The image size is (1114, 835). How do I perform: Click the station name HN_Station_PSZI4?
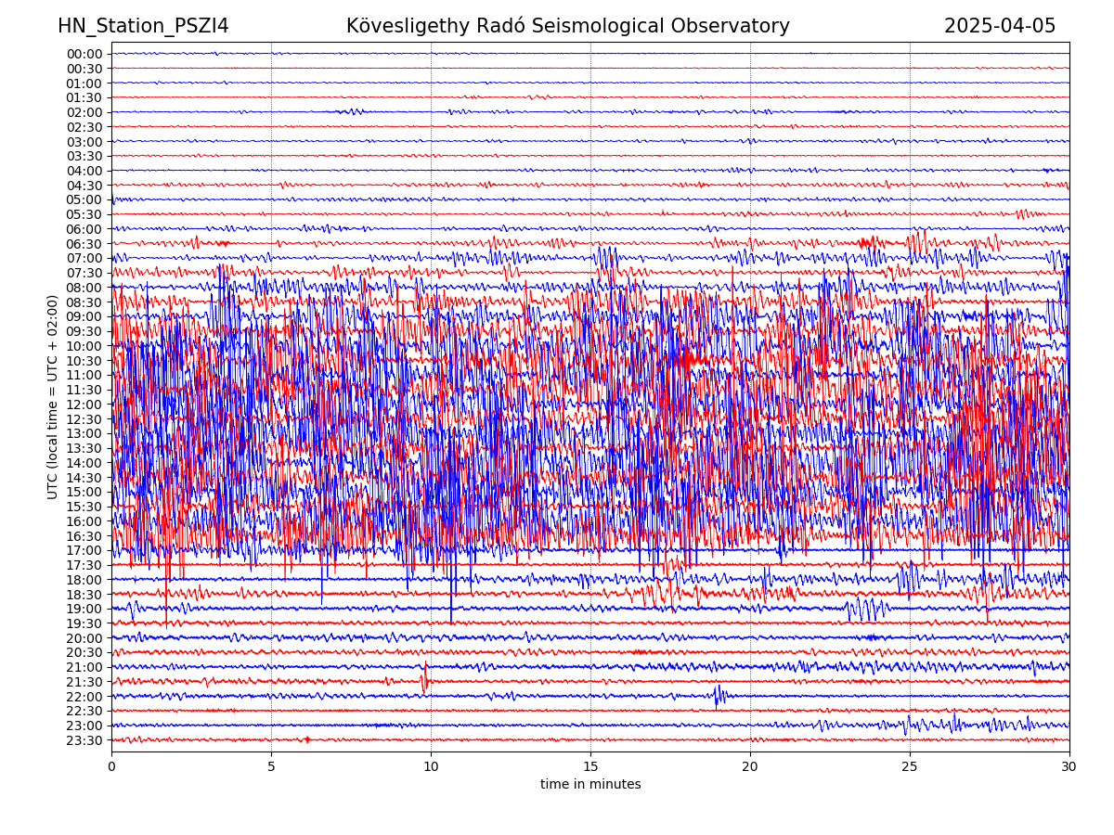pyautogui.click(x=143, y=26)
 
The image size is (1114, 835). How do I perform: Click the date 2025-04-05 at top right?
pyautogui.click(x=1000, y=26)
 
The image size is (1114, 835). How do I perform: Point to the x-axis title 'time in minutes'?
pyautogui.click(x=590, y=784)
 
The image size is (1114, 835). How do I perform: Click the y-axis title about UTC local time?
pyautogui.click(x=53, y=396)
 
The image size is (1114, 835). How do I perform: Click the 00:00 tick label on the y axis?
pyautogui.click(x=84, y=54)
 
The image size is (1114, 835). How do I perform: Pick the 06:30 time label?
pyautogui.click(x=84, y=244)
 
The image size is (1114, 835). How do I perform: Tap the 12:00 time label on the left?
pyautogui.click(x=84, y=405)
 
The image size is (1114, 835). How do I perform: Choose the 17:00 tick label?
pyautogui.click(x=84, y=550)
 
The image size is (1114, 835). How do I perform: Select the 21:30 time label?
pyautogui.click(x=84, y=682)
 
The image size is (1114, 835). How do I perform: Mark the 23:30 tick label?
pyautogui.click(x=84, y=740)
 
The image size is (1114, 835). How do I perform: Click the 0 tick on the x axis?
pyautogui.click(x=111, y=767)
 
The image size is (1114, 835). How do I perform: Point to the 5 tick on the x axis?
pyautogui.click(x=271, y=767)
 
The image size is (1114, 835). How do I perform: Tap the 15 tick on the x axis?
pyautogui.click(x=590, y=767)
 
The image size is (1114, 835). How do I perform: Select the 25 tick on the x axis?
pyautogui.click(x=910, y=767)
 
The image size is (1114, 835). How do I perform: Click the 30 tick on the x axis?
pyautogui.click(x=1069, y=767)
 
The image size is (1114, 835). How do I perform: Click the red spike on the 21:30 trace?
pyautogui.click(x=425, y=680)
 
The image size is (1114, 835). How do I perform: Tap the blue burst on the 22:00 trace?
pyautogui.click(x=719, y=695)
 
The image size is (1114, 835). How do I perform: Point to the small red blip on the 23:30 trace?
pyautogui.click(x=307, y=739)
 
